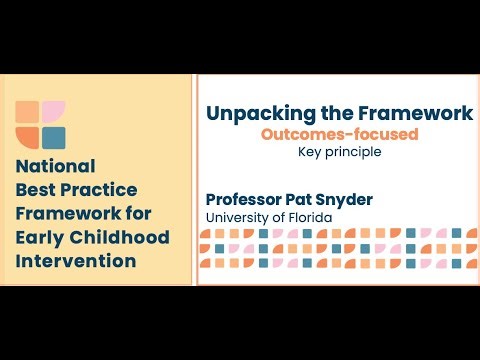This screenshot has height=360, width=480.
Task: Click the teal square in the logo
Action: coord(54,137)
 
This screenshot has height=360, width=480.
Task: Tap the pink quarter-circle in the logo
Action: coord(54,112)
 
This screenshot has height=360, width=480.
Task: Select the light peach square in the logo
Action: coord(28,112)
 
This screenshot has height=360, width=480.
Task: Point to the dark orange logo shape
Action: coord(28,137)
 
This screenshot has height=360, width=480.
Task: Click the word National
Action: coord(56,166)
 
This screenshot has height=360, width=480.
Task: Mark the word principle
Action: coord(355,154)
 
